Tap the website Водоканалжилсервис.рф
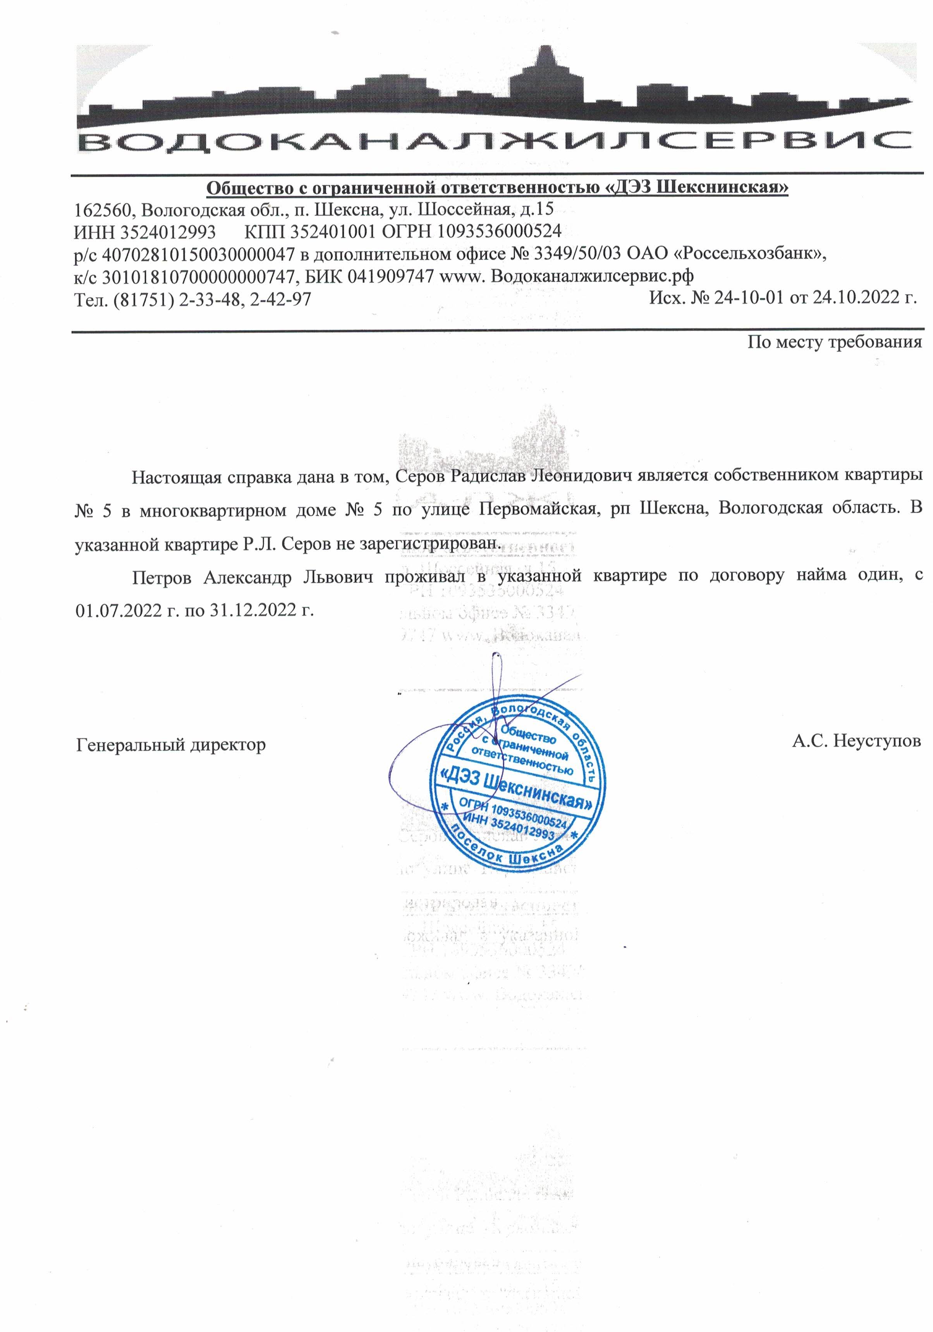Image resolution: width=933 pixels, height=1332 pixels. pos(591,277)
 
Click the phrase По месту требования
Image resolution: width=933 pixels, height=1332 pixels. pos(834,342)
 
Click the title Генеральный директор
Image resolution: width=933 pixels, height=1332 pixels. pos(171,744)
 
